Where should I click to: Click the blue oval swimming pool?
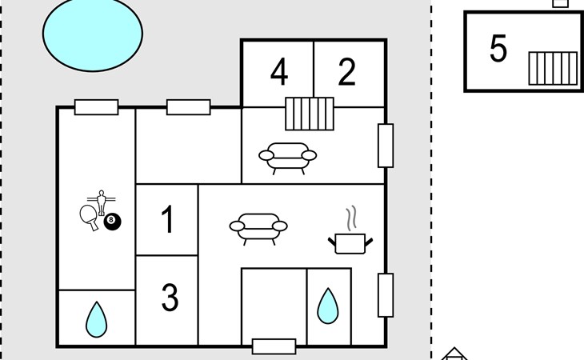click(x=92, y=32)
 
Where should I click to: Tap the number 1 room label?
click(x=167, y=220)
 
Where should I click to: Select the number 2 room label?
click(x=346, y=72)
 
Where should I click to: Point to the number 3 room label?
click(x=170, y=298)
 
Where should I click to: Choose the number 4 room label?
click(x=278, y=72)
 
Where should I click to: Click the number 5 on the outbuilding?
click(x=498, y=50)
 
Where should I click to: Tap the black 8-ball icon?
click(x=112, y=221)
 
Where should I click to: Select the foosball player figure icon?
click(x=101, y=200)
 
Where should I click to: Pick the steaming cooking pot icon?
click(x=351, y=236)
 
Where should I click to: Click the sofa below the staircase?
click(x=286, y=157)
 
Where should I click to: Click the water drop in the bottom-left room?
click(x=96, y=319)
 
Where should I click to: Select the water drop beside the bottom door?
click(x=328, y=306)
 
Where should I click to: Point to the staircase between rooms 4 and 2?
click(x=310, y=114)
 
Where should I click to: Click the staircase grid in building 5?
click(x=552, y=68)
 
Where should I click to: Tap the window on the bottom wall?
click(x=274, y=346)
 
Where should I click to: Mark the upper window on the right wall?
click(x=386, y=146)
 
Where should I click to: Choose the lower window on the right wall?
click(x=386, y=295)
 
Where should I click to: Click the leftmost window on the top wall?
click(x=96, y=107)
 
